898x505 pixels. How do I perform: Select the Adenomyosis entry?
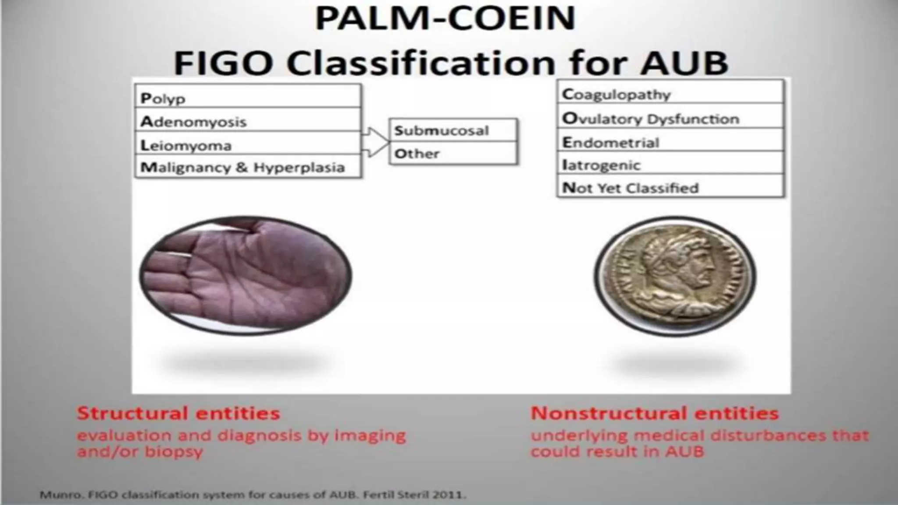point(248,121)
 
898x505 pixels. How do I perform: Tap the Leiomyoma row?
point(248,145)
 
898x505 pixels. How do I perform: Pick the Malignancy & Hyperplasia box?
point(248,167)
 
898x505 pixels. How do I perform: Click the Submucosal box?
point(453,130)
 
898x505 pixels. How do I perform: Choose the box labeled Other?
point(453,153)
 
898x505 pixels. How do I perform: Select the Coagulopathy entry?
point(670,94)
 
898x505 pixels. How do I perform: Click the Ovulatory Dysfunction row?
point(670,118)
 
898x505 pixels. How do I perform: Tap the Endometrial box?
point(670,142)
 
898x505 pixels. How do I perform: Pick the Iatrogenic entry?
point(670,165)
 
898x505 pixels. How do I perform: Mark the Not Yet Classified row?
point(670,188)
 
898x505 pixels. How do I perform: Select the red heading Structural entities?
point(178,413)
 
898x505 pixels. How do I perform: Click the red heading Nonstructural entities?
point(654,413)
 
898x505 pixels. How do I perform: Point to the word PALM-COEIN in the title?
point(445,18)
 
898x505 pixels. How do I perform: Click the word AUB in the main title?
point(684,63)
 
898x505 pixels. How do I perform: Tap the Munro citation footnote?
point(253,495)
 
